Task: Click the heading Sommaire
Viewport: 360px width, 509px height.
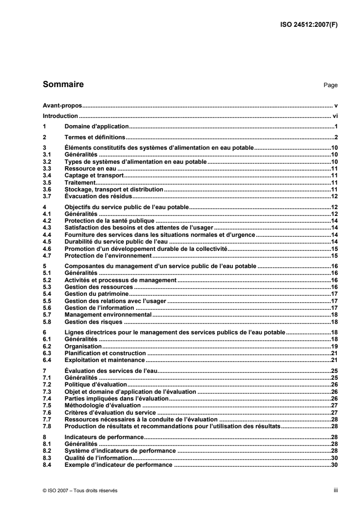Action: [63, 84]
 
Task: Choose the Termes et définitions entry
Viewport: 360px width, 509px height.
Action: [95, 137]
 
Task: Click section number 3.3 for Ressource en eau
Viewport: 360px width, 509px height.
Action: [46, 167]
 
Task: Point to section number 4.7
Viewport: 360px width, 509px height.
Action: [46, 256]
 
